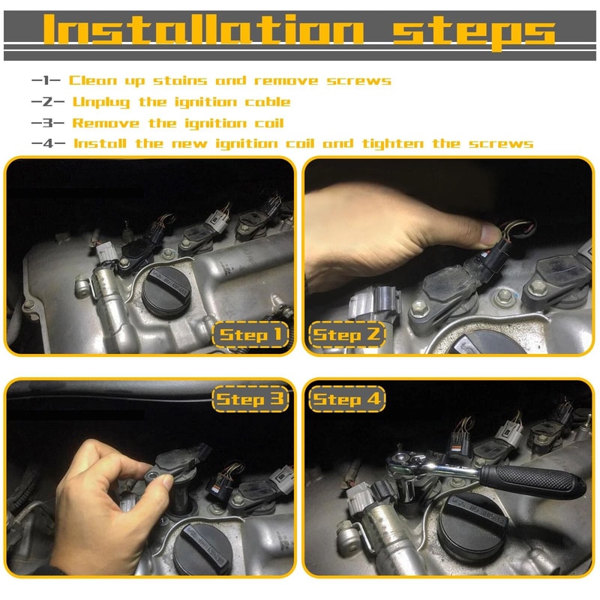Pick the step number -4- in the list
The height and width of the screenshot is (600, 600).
tap(48, 143)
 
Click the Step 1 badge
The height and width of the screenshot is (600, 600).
tap(250, 335)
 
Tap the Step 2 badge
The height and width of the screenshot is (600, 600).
tap(346, 335)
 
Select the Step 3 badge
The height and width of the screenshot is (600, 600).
tap(250, 399)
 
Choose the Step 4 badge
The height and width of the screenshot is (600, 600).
tap(346, 399)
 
